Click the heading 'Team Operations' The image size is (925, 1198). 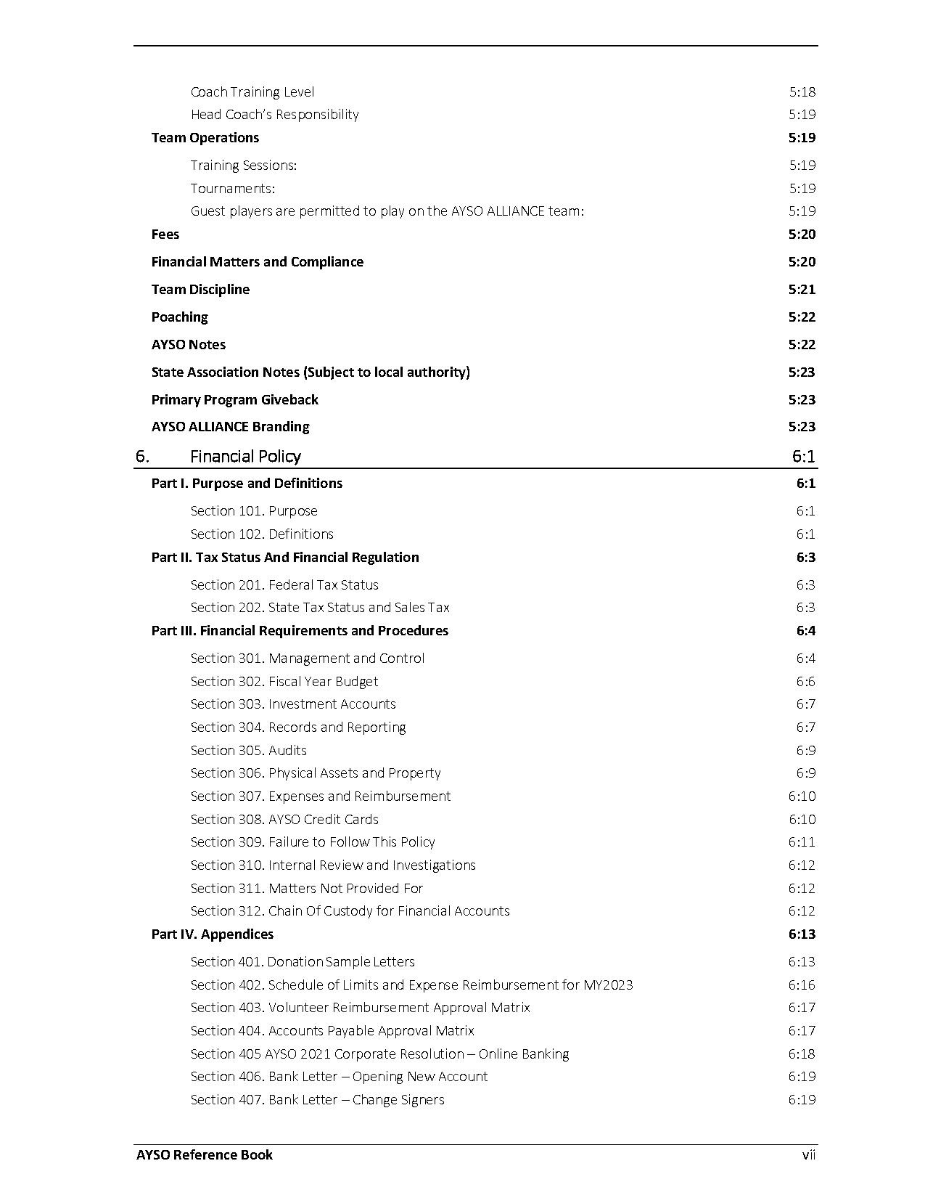(x=205, y=138)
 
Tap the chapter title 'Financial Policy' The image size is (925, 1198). (x=245, y=457)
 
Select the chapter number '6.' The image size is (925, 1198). (x=142, y=457)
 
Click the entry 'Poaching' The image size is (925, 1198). (x=179, y=317)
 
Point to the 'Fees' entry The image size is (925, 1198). (x=165, y=235)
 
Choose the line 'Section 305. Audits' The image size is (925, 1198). (x=248, y=751)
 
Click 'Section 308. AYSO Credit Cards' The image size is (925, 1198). (x=284, y=820)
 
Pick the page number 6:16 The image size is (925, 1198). (x=802, y=985)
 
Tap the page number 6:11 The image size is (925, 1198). (x=802, y=842)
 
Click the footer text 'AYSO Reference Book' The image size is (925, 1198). (x=205, y=1155)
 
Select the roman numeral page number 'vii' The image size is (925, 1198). (x=808, y=1155)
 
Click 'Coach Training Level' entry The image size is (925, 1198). (x=252, y=92)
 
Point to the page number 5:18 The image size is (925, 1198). (x=802, y=92)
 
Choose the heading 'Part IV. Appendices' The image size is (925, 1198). (x=212, y=934)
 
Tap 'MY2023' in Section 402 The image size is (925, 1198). (x=608, y=985)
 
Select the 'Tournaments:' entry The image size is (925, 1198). (x=232, y=189)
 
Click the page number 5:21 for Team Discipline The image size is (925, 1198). (x=802, y=290)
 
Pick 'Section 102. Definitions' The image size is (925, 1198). (x=262, y=534)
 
